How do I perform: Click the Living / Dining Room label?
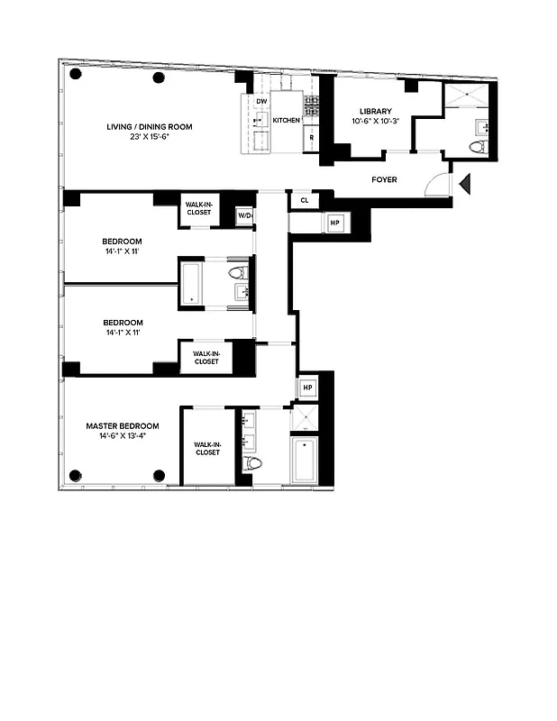click(149, 127)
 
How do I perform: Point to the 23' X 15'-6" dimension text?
click(149, 138)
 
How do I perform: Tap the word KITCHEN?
click(287, 120)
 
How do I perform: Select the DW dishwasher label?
click(261, 102)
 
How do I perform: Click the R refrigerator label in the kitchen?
click(311, 138)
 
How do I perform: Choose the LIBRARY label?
click(376, 111)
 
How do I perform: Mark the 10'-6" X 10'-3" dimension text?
click(376, 121)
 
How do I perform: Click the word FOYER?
click(385, 179)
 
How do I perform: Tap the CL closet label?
click(305, 200)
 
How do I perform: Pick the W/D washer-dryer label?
click(244, 216)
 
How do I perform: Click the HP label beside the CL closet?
click(334, 222)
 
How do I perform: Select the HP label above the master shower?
click(307, 388)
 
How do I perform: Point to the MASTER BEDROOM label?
click(123, 425)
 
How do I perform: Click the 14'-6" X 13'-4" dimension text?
click(123, 435)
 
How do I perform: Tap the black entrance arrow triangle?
click(465, 185)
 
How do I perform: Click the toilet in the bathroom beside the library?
click(478, 147)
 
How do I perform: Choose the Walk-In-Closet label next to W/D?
click(198, 208)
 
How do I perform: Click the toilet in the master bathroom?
click(253, 462)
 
